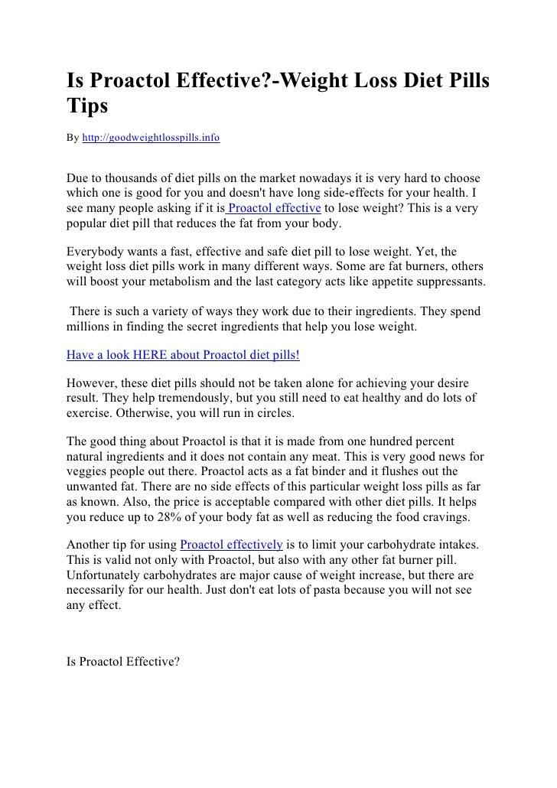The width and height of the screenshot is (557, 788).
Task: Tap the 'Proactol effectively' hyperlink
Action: pyautogui.click(x=232, y=544)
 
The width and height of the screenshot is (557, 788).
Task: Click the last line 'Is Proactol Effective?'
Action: pyautogui.click(x=123, y=662)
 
